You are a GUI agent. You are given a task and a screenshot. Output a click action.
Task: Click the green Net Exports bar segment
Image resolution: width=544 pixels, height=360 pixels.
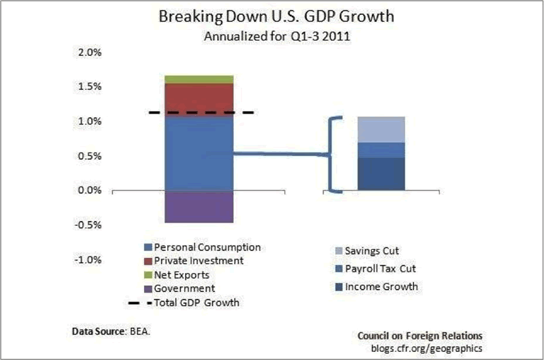pos(199,79)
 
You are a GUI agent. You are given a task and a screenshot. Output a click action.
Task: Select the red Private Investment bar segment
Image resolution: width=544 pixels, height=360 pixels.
pos(199,99)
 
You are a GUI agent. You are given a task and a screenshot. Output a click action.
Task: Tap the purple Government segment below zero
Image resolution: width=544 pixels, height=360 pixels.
pos(199,207)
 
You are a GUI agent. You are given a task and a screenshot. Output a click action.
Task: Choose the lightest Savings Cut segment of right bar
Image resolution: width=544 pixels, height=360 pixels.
pos(381,129)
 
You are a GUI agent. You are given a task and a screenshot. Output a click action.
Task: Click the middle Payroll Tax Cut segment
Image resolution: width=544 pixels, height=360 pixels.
pos(381,150)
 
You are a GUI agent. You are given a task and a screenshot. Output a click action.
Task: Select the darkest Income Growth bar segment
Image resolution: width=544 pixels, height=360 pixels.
pos(381,174)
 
